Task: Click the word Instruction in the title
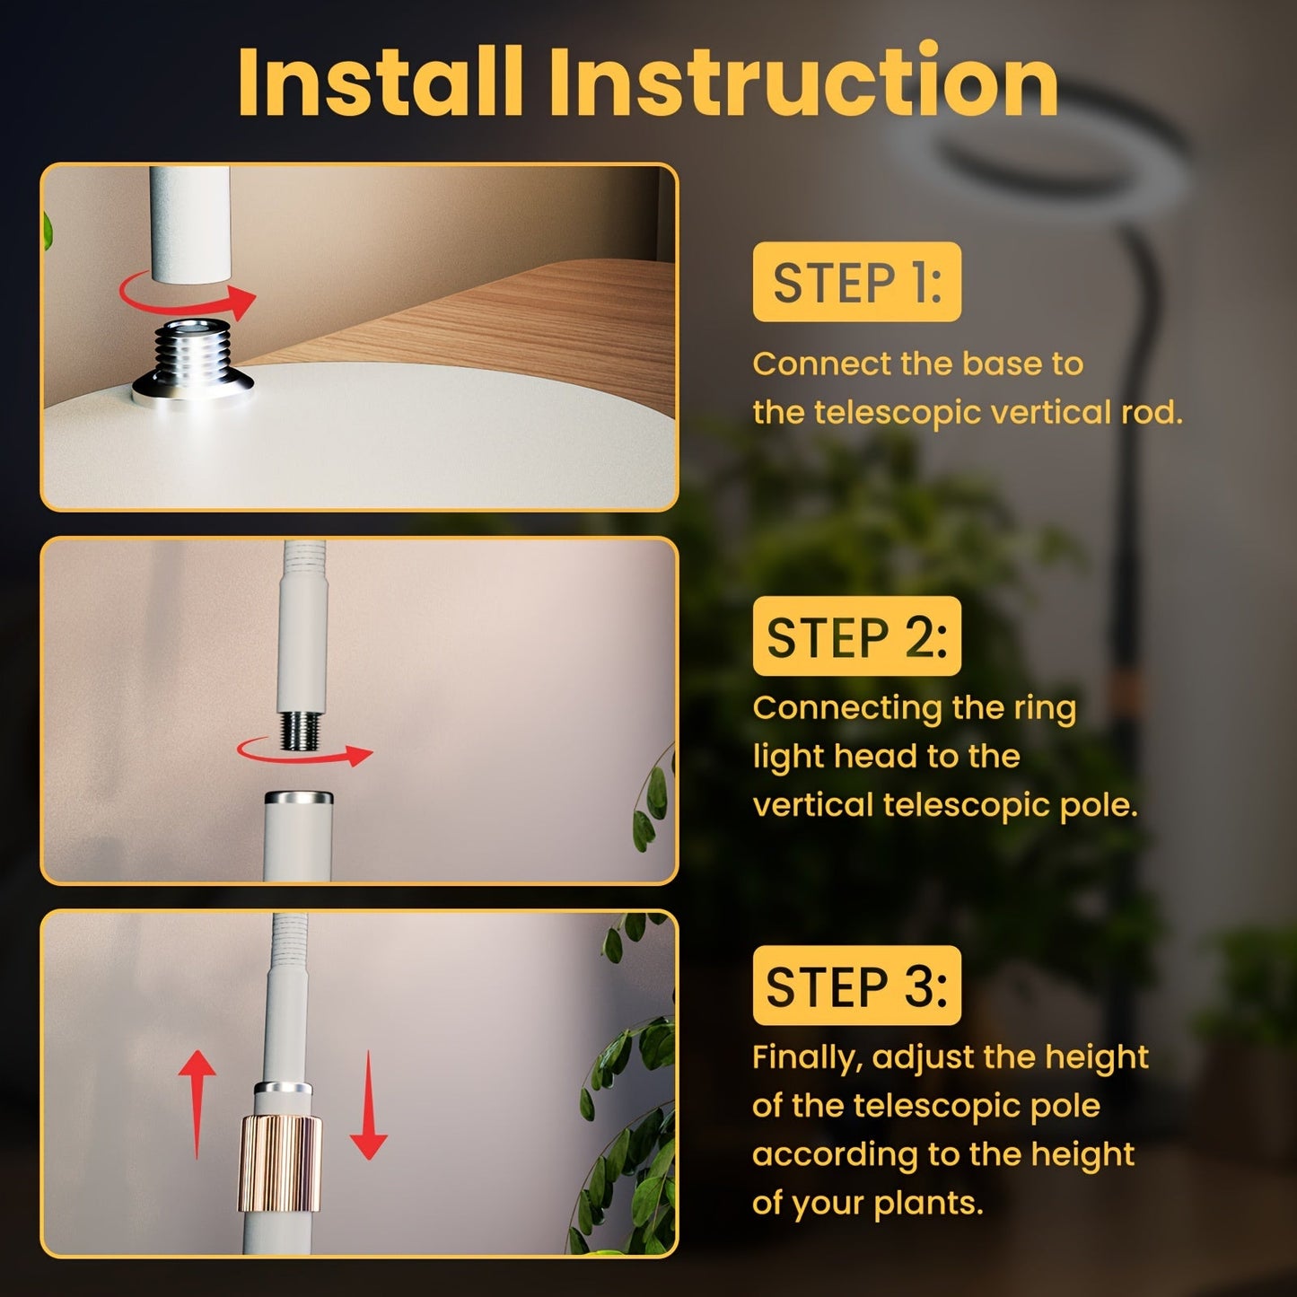tap(804, 83)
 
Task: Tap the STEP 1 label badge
tap(856, 282)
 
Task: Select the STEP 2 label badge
tap(856, 636)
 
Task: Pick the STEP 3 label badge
tap(856, 986)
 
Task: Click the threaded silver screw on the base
tap(193, 355)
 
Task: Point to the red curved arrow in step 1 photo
tap(188, 297)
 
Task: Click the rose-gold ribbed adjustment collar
tap(279, 1163)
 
